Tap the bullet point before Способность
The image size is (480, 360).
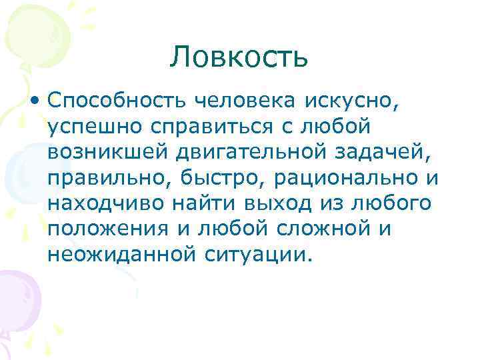click(x=34, y=101)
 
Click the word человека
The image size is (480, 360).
click(x=246, y=101)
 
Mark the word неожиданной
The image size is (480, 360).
click(x=119, y=254)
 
